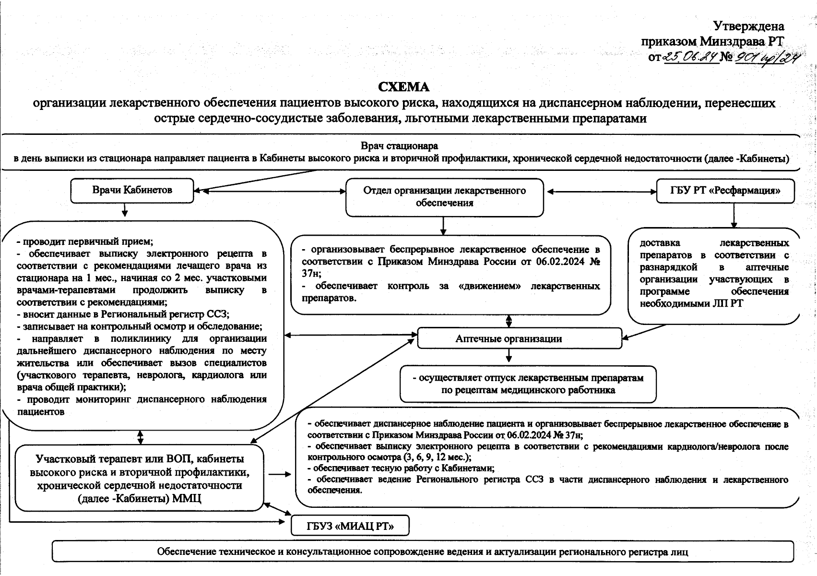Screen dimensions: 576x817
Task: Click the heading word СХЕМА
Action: [403, 87]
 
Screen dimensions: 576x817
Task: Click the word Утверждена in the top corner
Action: [749, 26]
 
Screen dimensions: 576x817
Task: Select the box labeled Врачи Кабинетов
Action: [132, 190]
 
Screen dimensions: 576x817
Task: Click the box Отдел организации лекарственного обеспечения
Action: [444, 197]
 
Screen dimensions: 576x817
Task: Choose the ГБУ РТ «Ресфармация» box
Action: [725, 191]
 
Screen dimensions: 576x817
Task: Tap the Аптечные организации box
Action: [519, 338]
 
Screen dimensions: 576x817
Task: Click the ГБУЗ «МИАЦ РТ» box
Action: [350, 526]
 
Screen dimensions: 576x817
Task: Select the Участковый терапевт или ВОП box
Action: [139, 478]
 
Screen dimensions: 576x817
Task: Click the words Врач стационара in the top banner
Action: [399, 145]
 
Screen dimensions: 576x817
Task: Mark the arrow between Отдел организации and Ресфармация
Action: [602, 192]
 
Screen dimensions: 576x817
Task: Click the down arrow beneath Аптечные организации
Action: [509, 356]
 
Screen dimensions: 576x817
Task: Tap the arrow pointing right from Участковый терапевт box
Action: [280, 475]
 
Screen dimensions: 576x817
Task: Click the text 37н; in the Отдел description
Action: [311, 274]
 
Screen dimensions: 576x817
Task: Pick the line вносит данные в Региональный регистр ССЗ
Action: [123, 314]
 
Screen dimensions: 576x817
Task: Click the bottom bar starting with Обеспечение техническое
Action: [422, 552]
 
